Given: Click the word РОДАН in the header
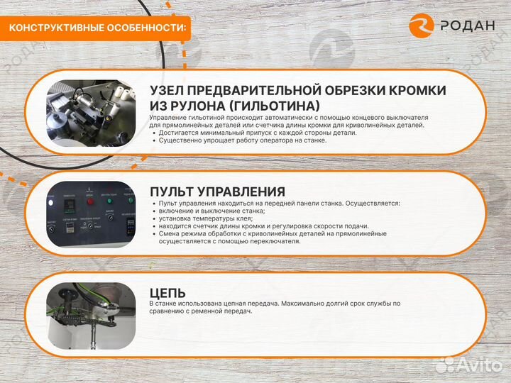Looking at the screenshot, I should pyautogui.click(x=467, y=26).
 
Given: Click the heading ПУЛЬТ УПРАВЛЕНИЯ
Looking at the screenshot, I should pyautogui.click(x=217, y=191).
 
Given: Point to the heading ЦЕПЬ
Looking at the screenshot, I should pyautogui.click(x=167, y=292).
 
